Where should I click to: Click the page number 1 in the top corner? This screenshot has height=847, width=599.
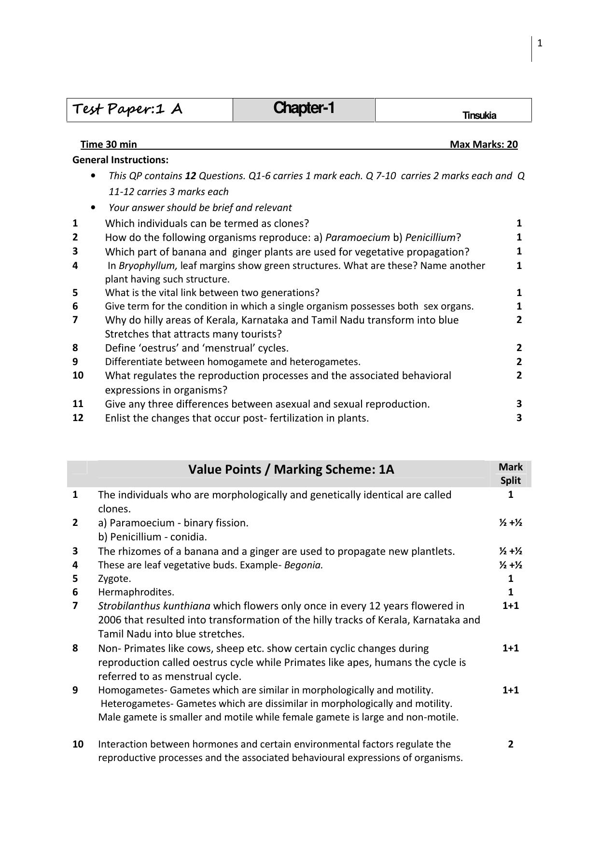(540, 43)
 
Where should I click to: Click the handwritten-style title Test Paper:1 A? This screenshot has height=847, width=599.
(127, 109)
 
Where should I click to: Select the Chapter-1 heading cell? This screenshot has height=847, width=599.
(304, 108)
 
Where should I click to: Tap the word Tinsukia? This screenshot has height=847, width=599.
(479, 115)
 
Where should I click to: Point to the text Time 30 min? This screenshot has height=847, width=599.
(109, 144)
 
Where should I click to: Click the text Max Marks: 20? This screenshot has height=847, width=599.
(484, 144)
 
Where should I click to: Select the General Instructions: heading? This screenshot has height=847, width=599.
(120, 160)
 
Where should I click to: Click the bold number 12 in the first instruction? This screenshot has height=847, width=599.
(190, 176)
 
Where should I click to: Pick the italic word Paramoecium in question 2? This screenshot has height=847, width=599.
(358, 237)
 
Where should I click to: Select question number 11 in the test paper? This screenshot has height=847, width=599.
(78, 403)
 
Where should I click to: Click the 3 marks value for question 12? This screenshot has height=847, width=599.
(519, 418)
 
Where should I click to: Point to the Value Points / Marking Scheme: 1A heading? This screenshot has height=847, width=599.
(291, 469)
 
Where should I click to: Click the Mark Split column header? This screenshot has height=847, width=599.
(511, 473)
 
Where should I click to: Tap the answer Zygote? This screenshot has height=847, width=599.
(114, 578)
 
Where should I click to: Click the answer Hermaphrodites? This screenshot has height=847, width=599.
(136, 592)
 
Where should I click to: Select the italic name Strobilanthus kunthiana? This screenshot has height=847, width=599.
(154, 606)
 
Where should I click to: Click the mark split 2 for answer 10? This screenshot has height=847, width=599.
(511, 744)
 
